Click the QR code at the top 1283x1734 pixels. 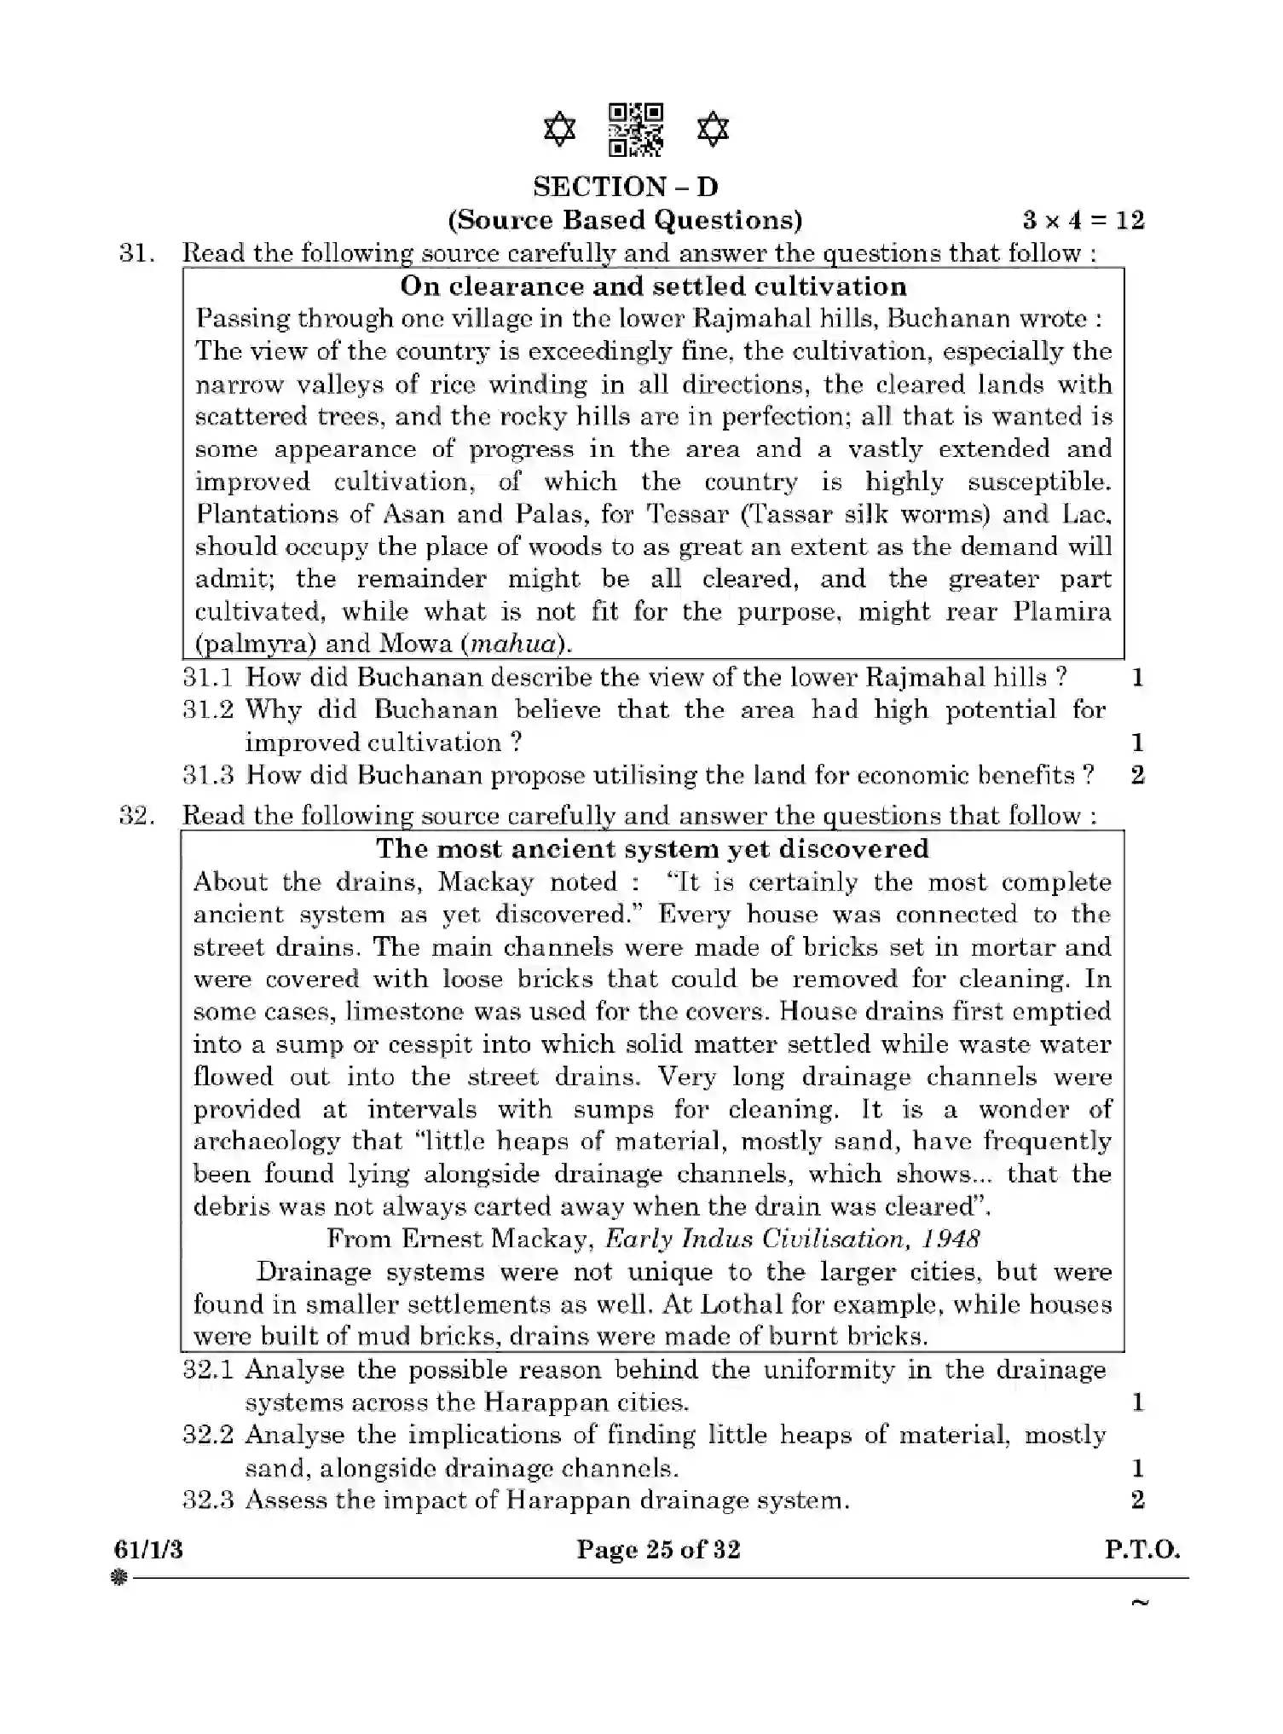click(635, 130)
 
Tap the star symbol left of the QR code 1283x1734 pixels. click(559, 130)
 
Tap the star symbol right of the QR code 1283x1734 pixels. click(713, 130)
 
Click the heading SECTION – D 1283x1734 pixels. click(625, 187)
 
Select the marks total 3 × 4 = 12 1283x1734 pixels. click(1083, 220)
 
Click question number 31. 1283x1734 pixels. click(136, 253)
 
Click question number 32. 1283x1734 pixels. click(136, 815)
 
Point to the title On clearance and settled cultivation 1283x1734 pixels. click(653, 286)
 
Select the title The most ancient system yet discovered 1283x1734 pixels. click(652, 848)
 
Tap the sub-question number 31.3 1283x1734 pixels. click(208, 775)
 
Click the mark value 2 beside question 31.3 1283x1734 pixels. click(1137, 775)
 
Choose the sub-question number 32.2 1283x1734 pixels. click(208, 1435)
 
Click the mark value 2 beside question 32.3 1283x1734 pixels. click(1137, 1500)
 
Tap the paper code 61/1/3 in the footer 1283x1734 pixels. click(148, 1549)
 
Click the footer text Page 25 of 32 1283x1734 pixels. click(658, 1549)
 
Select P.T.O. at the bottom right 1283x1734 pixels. click(1142, 1549)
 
